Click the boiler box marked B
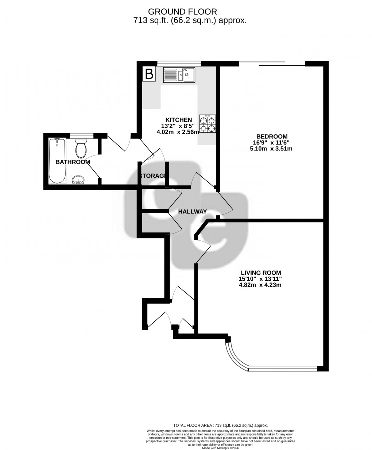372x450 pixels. (x=149, y=74)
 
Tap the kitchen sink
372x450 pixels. (x=179, y=75)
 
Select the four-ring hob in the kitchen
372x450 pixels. (x=208, y=124)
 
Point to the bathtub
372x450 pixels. (x=57, y=161)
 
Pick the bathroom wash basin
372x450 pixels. (x=78, y=180)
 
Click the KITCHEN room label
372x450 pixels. (x=179, y=120)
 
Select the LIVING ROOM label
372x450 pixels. (x=260, y=272)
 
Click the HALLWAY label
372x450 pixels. (x=192, y=212)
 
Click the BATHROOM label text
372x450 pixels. (x=73, y=162)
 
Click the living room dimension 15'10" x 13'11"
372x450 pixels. (x=260, y=279)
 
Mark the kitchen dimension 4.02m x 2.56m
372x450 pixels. (x=179, y=132)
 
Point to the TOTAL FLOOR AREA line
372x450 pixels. (x=220, y=425)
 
